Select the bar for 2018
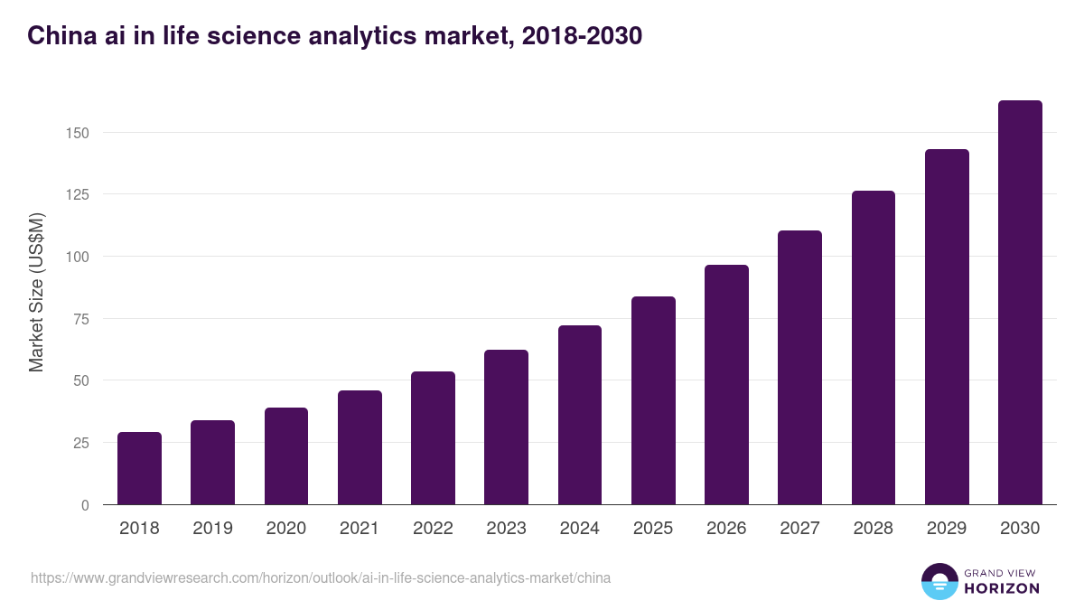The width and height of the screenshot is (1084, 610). (139, 468)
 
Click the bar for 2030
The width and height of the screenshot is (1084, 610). (1020, 303)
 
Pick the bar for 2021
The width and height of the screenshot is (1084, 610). (360, 447)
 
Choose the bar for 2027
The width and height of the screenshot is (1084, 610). (799, 368)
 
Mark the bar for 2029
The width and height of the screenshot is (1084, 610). (947, 327)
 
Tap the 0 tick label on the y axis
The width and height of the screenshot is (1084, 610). (85, 505)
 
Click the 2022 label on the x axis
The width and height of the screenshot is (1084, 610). (433, 529)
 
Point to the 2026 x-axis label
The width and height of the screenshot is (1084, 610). (726, 529)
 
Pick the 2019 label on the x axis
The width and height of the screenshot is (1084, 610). (212, 529)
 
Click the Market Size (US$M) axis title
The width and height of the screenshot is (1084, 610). (36, 293)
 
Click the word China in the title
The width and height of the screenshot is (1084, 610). (56, 36)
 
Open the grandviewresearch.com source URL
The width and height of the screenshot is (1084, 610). (321, 577)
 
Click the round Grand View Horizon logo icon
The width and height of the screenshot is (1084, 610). (939, 581)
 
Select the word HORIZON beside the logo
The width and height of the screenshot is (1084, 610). (1001, 588)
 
